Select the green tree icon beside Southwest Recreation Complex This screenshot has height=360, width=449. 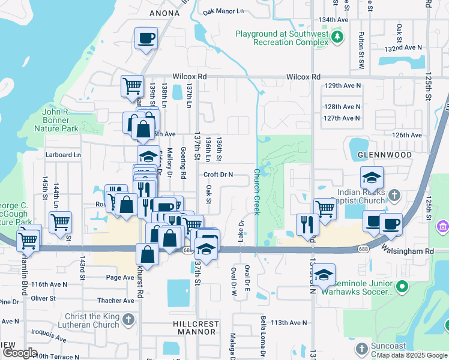(338, 38)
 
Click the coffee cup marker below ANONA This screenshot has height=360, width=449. (146, 40)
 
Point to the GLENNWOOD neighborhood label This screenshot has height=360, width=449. (385, 155)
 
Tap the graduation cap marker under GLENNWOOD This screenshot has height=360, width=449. (372, 178)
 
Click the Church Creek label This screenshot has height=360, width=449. (256, 191)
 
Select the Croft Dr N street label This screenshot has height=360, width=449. (217, 175)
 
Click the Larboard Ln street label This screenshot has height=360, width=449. (63, 155)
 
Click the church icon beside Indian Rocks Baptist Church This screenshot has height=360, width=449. (394, 195)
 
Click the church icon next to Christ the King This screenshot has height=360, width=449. (128, 321)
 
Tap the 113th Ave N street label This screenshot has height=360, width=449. (289, 323)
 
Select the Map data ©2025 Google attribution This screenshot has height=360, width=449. (412, 355)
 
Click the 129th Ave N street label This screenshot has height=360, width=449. (343, 86)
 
